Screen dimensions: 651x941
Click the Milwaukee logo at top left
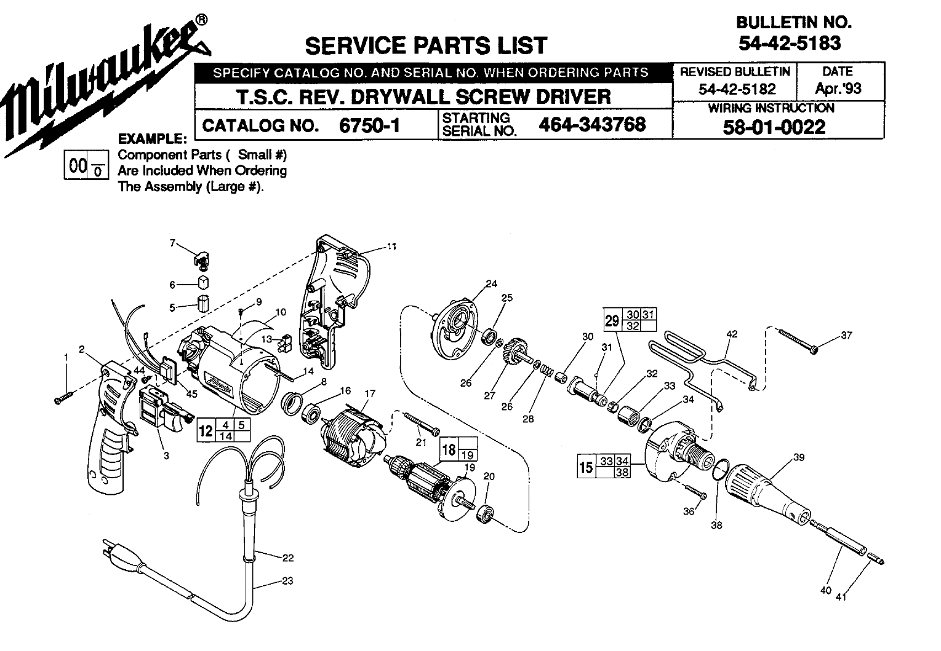(x=102, y=80)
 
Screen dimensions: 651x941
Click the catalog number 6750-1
(x=369, y=125)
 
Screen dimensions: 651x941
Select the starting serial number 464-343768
(x=592, y=124)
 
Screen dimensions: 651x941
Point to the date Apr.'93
(x=838, y=89)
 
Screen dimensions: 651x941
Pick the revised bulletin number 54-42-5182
(x=737, y=89)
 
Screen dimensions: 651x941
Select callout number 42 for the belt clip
(x=732, y=335)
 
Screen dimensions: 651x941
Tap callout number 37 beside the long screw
(x=847, y=335)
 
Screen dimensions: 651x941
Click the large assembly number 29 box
(x=612, y=320)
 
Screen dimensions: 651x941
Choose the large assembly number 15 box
(x=587, y=467)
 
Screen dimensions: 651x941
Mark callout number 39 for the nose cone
(x=799, y=457)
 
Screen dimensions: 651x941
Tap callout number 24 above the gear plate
(x=491, y=283)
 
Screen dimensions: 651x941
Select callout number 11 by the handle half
(x=391, y=247)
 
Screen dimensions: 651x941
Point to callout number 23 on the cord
(x=287, y=581)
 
